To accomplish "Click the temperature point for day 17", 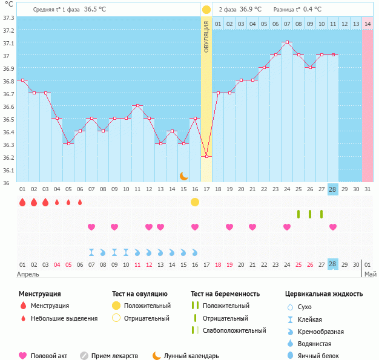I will [x=206, y=156].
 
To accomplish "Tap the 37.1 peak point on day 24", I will [x=287, y=42].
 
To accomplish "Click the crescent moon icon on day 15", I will [x=183, y=176].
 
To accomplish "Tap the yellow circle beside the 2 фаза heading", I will [x=206, y=10].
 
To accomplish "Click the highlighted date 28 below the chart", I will [x=333, y=189].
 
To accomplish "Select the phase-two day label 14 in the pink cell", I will [x=367, y=24].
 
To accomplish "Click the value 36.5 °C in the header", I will [x=94, y=10].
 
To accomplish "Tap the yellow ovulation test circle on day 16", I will [x=195, y=202].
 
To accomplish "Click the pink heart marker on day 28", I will [x=333, y=227].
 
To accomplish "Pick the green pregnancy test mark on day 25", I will [x=298, y=214].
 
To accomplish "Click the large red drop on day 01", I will [x=22, y=202].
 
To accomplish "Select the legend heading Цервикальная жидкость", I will [x=324, y=293].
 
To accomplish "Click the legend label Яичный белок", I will [x=323, y=356].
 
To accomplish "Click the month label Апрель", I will [x=28, y=274].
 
